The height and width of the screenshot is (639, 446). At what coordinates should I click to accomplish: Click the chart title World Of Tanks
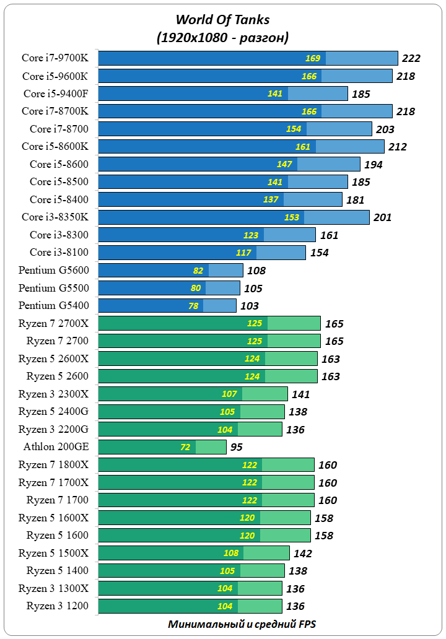[222, 20]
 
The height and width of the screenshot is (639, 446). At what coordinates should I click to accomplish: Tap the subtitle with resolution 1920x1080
[222, 38]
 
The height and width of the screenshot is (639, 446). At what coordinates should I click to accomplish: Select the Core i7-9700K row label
[55, 58]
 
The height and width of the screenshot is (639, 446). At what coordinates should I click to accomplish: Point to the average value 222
[411, 58]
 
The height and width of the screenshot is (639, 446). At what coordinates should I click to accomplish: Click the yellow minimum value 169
[313, 58]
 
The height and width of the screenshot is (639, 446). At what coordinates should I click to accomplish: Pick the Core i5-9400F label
[56, 93]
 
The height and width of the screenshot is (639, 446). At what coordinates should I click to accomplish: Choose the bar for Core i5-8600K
[242, 147]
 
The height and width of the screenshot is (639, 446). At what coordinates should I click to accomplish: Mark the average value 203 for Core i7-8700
[385, 129]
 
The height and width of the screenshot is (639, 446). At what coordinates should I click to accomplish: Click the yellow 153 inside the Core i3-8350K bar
[292, 217]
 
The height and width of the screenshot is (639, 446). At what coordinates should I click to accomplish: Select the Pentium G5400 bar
[167, 306]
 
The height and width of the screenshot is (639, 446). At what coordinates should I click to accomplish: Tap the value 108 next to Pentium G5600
[256, 271]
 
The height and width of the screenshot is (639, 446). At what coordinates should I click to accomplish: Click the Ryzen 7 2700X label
[53, 323]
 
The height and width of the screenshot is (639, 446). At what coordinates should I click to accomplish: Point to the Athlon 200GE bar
[162, 447]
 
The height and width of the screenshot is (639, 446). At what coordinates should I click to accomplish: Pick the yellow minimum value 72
[185, 447]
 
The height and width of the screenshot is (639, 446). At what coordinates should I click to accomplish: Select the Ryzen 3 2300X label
[53, 394]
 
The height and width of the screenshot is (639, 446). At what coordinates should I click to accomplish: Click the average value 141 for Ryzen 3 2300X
[300, 394]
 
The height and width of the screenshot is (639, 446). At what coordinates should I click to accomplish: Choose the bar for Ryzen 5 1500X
[194, 553]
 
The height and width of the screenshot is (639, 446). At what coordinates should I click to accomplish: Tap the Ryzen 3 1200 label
[57, 606]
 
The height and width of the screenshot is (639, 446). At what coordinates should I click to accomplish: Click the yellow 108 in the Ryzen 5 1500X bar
[231, 553]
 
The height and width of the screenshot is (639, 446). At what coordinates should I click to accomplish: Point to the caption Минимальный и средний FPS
[242, 624]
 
